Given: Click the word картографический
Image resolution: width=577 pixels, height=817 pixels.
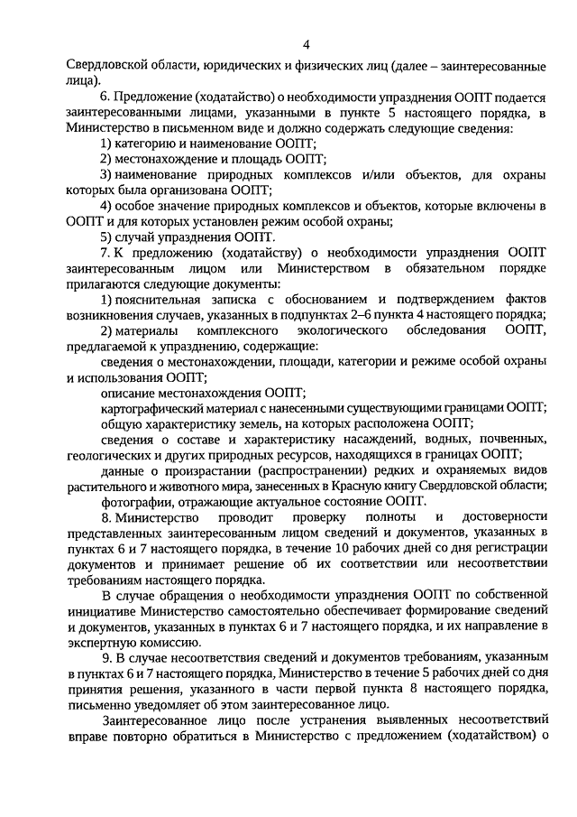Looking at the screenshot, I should (x=156, y=408).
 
